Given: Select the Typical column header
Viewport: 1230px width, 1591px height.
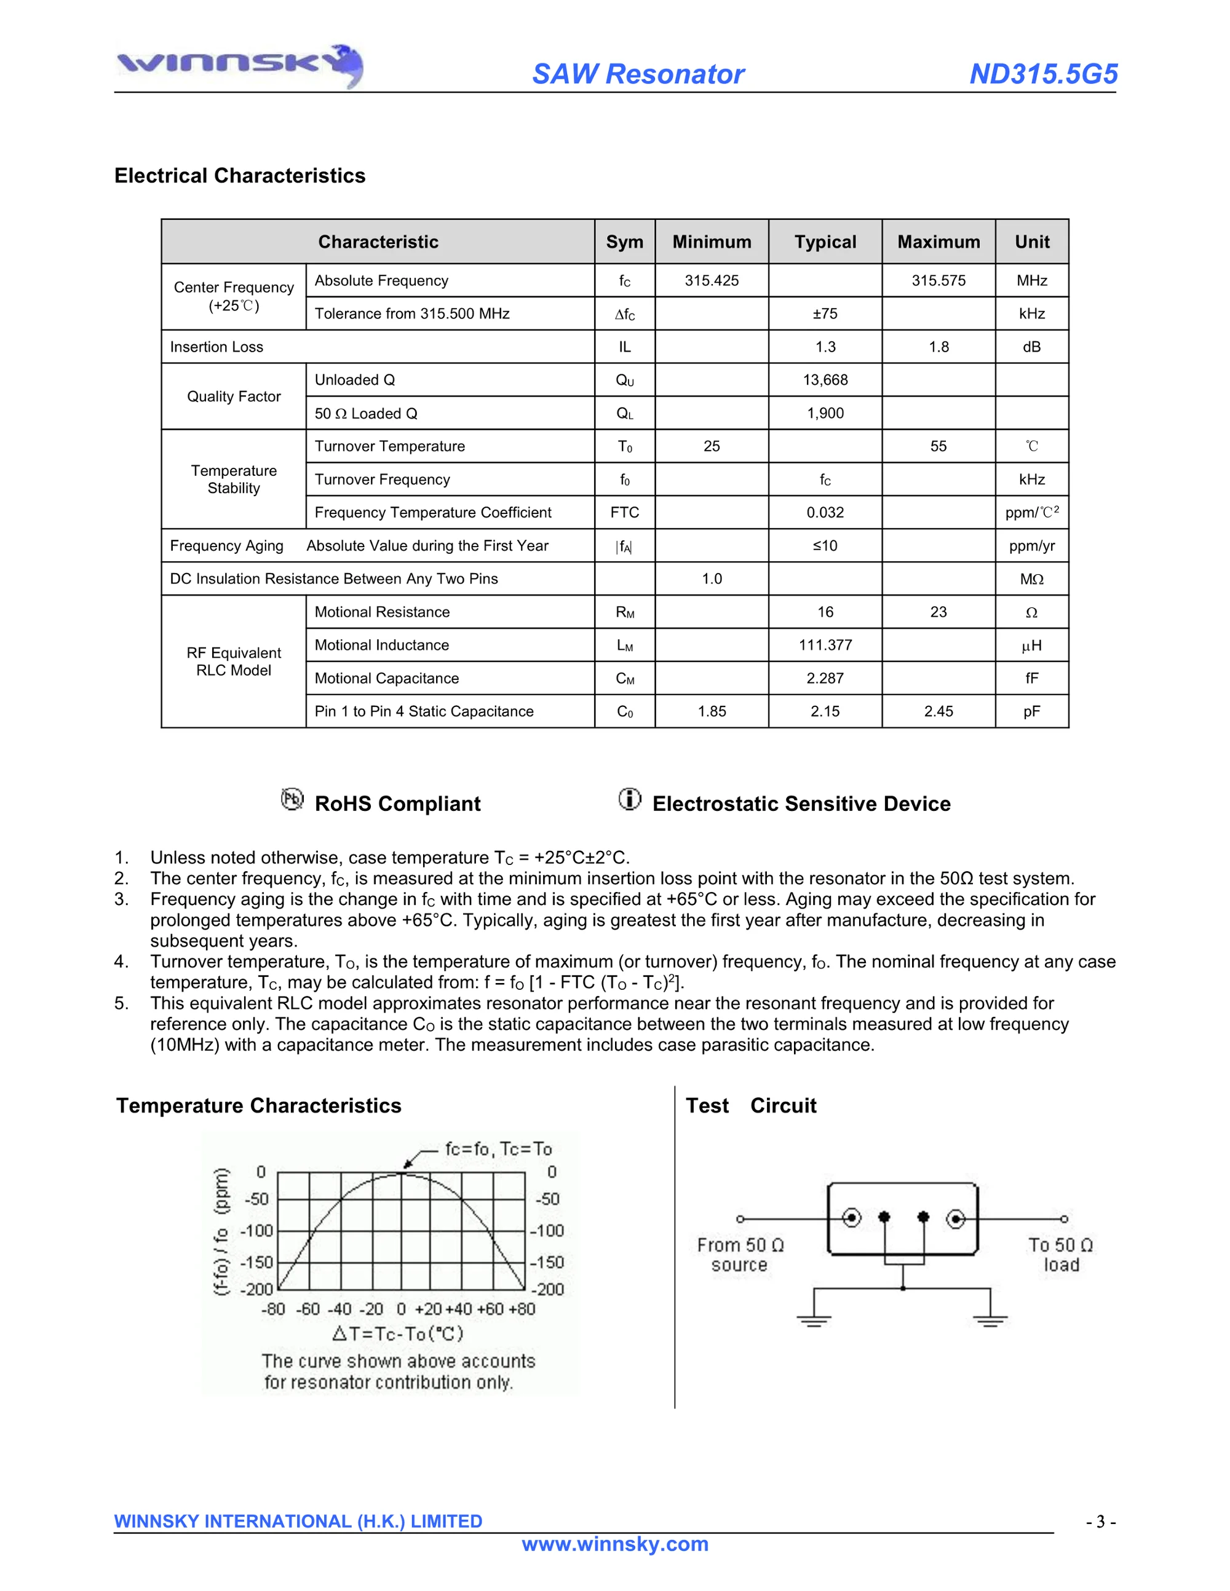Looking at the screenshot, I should coord(825,242).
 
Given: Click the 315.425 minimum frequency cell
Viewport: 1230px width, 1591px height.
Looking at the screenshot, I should coord(711,280).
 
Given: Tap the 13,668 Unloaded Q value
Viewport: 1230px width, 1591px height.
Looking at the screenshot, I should coord(825,379).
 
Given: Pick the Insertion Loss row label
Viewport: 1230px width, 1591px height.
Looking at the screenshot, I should coord(216,347).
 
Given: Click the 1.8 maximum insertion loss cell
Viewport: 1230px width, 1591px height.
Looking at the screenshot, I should coord(938,347).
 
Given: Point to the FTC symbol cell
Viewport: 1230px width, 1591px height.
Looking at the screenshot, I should coord(624,512).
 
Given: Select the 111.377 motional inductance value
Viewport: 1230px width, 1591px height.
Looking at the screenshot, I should coord(825,645).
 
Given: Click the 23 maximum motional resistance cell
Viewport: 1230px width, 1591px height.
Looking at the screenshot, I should coord(938,612).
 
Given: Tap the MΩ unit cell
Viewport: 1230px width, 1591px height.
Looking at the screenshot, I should coord(1031,579).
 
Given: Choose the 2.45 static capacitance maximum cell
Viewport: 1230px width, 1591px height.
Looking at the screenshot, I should coord(938,711).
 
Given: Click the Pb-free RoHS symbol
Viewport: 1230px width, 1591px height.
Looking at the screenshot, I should coord(292,799).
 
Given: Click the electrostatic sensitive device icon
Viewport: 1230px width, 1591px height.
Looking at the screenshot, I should coord(630,799).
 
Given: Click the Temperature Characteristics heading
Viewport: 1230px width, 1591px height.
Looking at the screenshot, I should coord(259,1106).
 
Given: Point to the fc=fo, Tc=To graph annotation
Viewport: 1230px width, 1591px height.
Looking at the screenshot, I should coord(498,1149).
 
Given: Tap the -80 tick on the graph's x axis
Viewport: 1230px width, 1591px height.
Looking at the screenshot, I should coord(273,1309).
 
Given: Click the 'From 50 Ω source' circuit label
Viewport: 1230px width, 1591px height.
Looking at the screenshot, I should coord(740,1255).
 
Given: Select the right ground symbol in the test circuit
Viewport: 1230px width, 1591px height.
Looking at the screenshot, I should coord(990,1320).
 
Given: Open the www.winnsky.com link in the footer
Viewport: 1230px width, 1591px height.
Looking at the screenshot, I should coord(615,1544).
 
